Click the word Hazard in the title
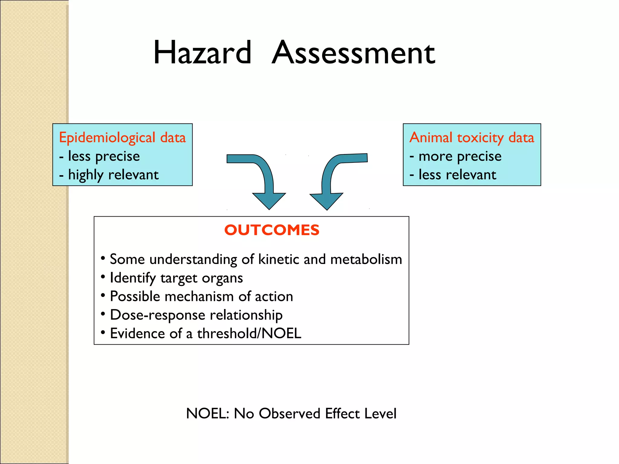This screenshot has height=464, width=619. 202,53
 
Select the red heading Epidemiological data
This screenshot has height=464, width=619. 122,137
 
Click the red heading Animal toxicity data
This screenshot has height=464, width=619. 472,137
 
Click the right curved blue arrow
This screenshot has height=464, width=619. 329,178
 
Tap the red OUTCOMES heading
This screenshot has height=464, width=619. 272,230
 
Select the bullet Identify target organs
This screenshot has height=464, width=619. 176,278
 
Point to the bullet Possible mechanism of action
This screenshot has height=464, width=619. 201,296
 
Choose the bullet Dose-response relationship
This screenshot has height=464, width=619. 196,315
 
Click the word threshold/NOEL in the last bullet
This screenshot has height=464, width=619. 249,333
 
